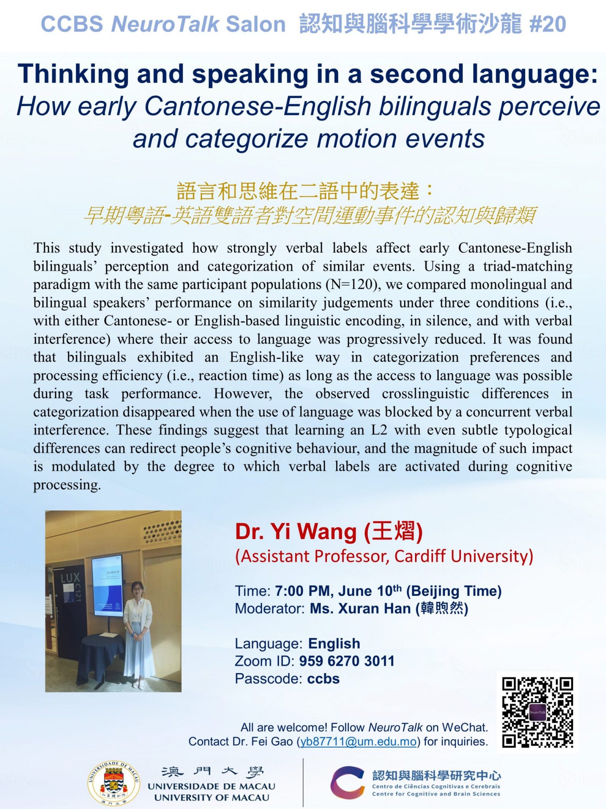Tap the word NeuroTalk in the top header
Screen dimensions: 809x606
(x=165, y=24)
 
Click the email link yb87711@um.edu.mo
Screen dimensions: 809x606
(x=358, y=741)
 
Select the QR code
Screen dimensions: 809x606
(x=537, y=712)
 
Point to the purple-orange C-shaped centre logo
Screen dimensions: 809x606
(x=347, y=783)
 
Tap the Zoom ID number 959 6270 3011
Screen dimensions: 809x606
(x=347, y=661)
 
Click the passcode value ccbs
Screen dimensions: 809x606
(x=324, y=679)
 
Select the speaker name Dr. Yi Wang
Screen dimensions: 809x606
(x=296, y=531)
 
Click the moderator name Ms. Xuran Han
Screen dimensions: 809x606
(x=361, y=609)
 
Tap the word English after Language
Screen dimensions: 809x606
(x=334, y=644)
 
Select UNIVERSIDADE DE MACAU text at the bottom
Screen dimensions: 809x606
(x=211, y=786)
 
